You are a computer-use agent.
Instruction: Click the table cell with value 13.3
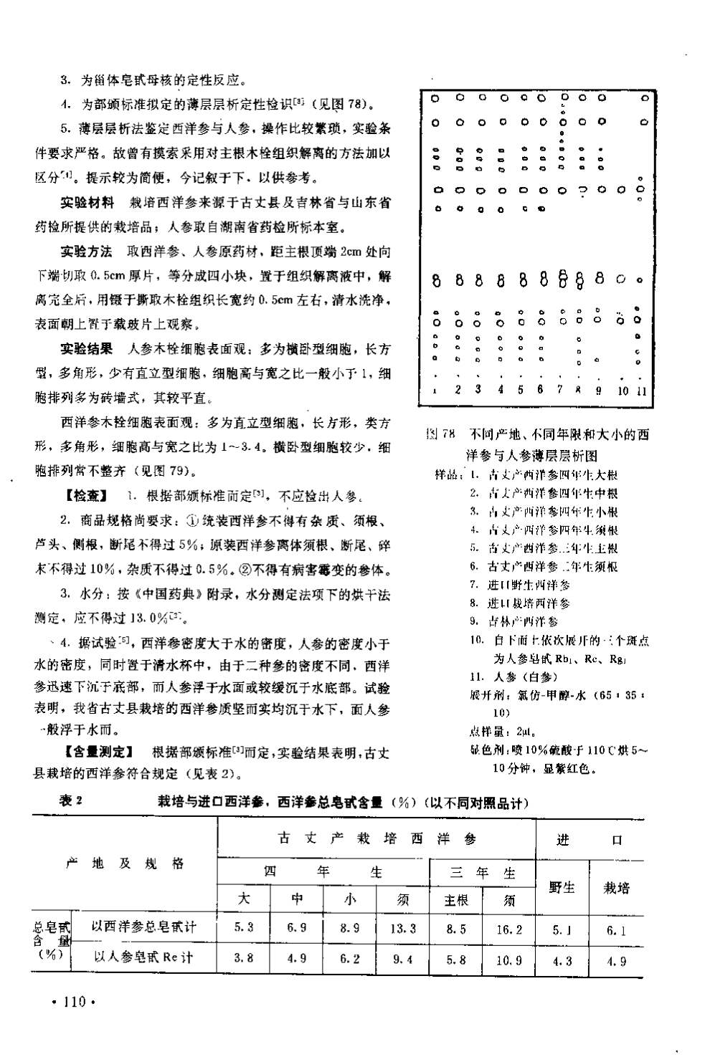point(403,928)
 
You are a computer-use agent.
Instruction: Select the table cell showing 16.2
point(509,929)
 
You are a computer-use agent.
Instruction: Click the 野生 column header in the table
point(562,887)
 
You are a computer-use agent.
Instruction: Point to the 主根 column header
point(456,900)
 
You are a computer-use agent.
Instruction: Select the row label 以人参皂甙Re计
point(144,957)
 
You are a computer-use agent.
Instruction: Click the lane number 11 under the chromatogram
point(641,391)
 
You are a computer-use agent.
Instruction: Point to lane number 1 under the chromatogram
point(435,391)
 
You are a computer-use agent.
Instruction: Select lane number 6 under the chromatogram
point(540,390)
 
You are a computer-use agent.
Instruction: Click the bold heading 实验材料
point(86,204)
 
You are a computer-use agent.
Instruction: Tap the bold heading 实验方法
point(86,252)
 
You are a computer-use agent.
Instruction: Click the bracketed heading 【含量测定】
point(98,752)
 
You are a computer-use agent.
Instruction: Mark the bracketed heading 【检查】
point(86,495)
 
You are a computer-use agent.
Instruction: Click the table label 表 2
point(72,801)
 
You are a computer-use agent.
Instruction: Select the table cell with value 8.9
point(350,928)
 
